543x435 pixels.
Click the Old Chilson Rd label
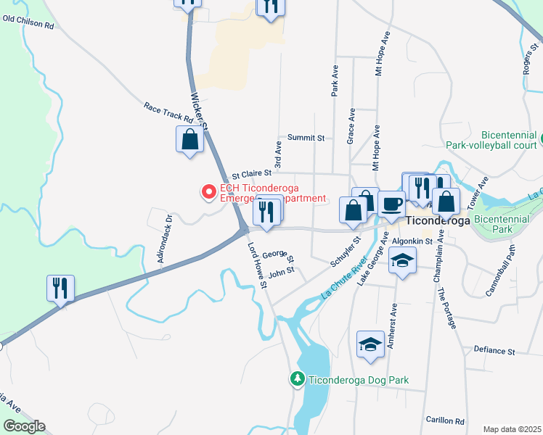click(x=29, y=25)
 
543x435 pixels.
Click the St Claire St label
click(x=251, y=174)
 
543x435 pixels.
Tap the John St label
click(x=281, y=271)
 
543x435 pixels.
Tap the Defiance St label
click(x=494, y=352)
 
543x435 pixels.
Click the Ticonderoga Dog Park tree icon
click(x=297, y=378)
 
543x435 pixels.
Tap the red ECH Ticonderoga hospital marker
click(x=209, y=192)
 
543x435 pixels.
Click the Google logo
click(x=24, y=426)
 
